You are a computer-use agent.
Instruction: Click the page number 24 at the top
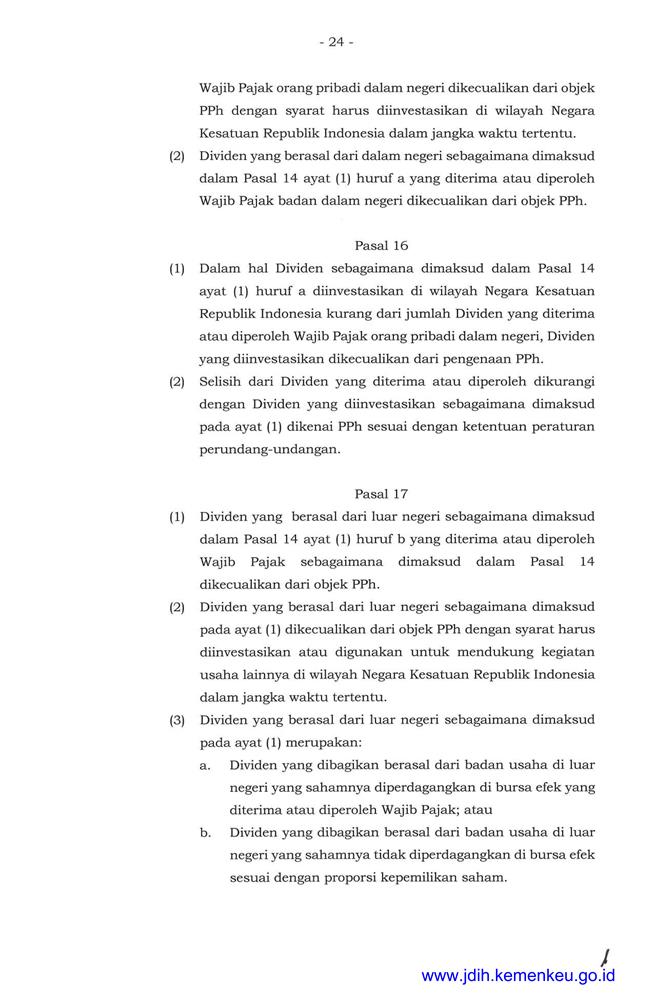335,42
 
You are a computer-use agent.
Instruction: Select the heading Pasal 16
381,245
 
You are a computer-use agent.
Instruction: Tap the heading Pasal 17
381,494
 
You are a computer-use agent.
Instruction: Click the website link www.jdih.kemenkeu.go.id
518,975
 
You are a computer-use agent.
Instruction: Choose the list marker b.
205,832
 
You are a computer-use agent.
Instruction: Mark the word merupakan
320,741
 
